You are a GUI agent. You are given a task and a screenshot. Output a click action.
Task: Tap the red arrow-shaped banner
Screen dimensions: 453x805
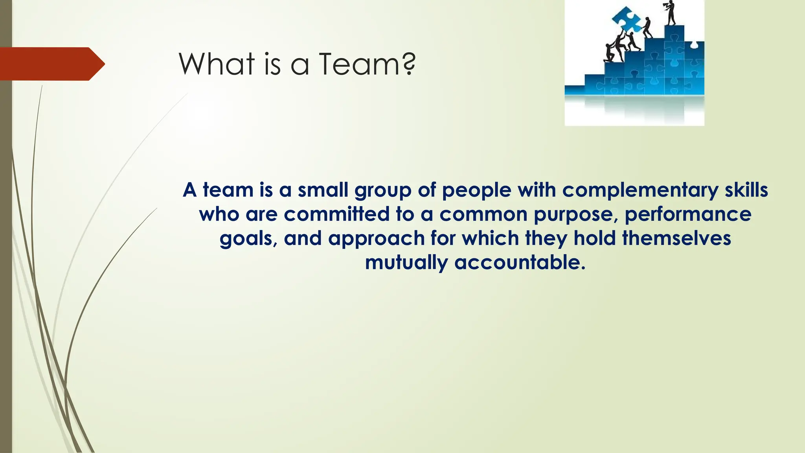pos(51,64)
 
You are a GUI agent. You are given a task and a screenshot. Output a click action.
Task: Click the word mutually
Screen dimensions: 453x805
pos(406,263)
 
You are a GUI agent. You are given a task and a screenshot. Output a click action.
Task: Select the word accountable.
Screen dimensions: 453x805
pos(520,262)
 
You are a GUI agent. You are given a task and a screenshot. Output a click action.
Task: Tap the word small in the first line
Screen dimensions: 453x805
pos(323,190)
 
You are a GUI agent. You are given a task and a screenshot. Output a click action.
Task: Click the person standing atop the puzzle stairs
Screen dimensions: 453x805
pos(671,13)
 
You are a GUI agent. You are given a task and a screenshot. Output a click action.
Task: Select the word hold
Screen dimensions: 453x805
pos(594,238)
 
